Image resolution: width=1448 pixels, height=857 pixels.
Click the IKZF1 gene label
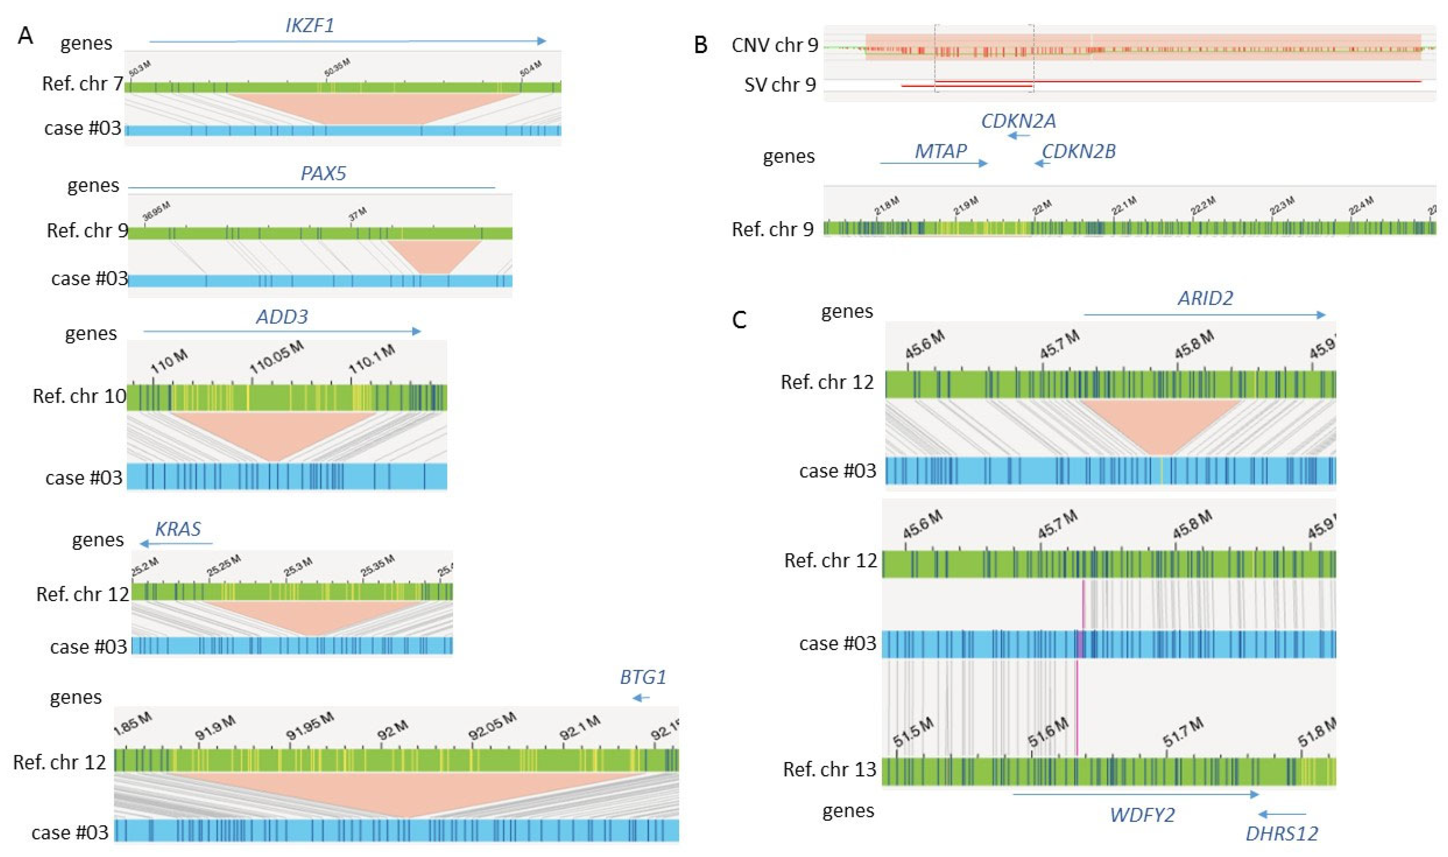click(310, 25)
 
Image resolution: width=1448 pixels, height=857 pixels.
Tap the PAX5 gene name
click(323, 173)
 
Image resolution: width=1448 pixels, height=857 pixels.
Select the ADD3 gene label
click(282, 316)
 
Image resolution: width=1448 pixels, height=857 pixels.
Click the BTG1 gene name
click(643, 677)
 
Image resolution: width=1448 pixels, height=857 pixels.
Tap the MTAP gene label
click(941, 151)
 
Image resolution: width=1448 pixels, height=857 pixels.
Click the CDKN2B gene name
click(1078, 151)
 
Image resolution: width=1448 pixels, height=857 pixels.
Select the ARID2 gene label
click(1205, 298)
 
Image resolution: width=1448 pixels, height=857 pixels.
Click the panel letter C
click(739, 319)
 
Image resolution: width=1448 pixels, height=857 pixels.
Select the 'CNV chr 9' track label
click(774, 45)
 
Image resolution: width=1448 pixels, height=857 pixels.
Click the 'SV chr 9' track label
click(780, 85)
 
